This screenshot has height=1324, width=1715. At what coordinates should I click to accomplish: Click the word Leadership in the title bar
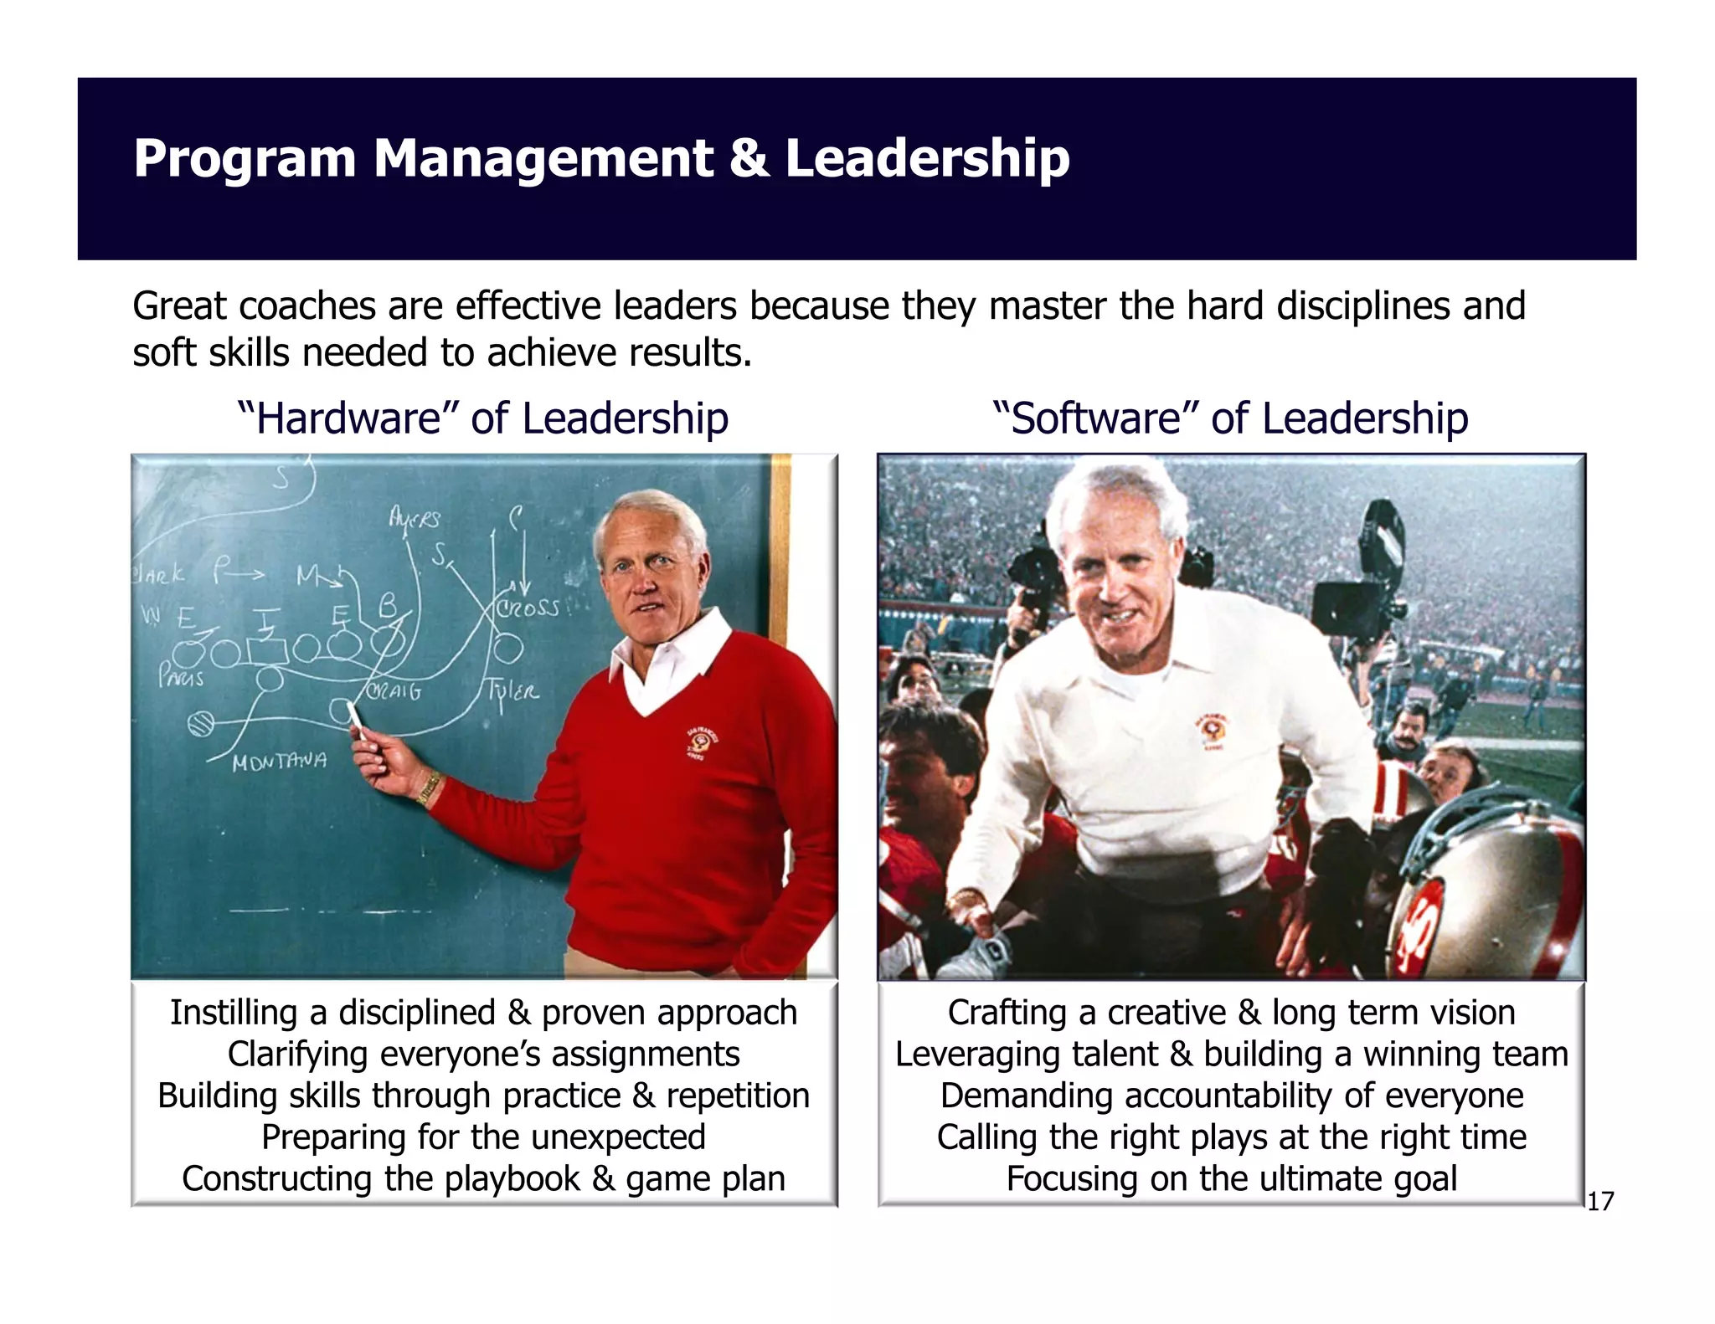tap(927, 159)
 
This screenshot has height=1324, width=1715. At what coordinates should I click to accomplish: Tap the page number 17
tap(1599, 1203)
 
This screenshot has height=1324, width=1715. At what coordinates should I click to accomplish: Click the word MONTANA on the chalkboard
tap(279, 762)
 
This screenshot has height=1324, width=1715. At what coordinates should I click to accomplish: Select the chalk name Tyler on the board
tap(513, 691)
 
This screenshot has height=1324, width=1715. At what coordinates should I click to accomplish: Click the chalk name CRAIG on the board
tap(394, 692)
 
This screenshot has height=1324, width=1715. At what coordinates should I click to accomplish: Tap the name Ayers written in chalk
tap(414, 519)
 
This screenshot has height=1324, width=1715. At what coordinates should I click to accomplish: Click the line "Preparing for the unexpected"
tap(483, 1138)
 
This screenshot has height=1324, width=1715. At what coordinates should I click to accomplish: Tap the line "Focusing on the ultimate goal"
tap(1231, 1179)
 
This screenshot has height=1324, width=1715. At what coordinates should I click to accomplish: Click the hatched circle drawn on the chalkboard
tap(201, 723)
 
